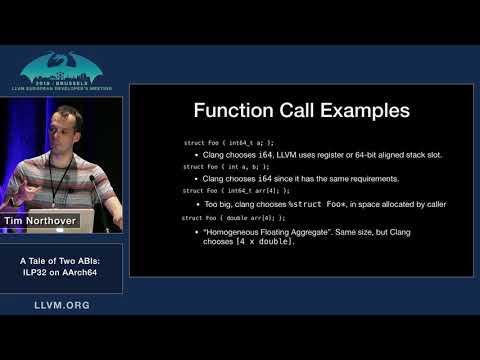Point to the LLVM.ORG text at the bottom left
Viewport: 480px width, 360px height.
(62, 304)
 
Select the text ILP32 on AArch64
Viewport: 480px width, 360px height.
(62, 273)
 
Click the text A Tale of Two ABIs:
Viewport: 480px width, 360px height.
(62, 261)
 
